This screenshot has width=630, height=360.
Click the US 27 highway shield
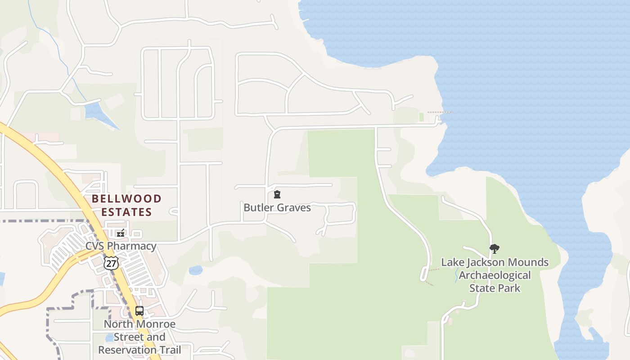[x=111, y=263]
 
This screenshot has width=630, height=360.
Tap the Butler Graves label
[x=277, y=208]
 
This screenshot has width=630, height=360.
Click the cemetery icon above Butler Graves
[x=277, y=194]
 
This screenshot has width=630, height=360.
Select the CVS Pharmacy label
[x=121, y=246]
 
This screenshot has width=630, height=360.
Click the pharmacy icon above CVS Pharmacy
[x=120, y=233]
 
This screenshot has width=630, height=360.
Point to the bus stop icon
[x=139, y=310]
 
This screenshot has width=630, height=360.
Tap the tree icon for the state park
[x=495, y=249]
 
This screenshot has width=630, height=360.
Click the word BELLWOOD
[x=127, y=199]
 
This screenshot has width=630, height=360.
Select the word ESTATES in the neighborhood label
[x=127, y=212]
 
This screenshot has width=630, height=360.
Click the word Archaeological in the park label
[x=495, y=275]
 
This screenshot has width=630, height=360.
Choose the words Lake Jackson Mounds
[x=495, y=262]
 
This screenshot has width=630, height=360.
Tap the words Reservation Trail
[x=139, y=350]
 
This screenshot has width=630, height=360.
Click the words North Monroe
[x=139, y=324]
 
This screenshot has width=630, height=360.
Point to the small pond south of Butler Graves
[x=196, y=270]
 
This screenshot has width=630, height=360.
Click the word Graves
[x=294, y=208]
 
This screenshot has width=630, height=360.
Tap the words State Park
[x=495, y=288]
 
